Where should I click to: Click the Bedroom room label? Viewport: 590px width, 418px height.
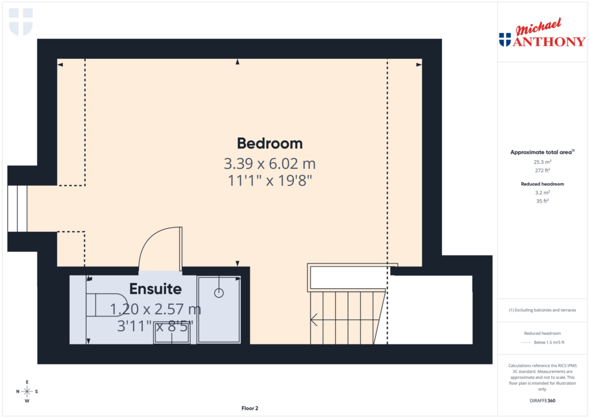click(270, 144)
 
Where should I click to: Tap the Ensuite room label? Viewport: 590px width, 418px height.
click(156, 289)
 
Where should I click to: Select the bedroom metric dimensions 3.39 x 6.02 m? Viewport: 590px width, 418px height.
click(270, 163)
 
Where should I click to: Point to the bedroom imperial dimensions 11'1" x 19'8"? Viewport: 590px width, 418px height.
click(270, 180)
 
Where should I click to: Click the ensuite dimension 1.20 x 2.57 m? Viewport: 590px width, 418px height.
click(156, 309)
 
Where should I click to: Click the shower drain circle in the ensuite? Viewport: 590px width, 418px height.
click(219, 293)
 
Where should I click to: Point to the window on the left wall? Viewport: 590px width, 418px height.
click(17, 208)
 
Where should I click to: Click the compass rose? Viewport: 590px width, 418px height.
click(27, 391)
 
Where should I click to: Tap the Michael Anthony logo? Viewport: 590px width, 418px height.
click(542, 34)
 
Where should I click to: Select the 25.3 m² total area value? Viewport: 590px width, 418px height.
click(542, 162)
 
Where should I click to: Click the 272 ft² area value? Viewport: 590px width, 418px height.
click(542, 171)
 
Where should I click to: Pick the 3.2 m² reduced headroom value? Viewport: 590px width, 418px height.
click(542, 193)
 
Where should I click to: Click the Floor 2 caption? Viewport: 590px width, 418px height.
click(249, 408)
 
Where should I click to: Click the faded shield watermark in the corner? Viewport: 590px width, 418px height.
click(21, 21)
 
